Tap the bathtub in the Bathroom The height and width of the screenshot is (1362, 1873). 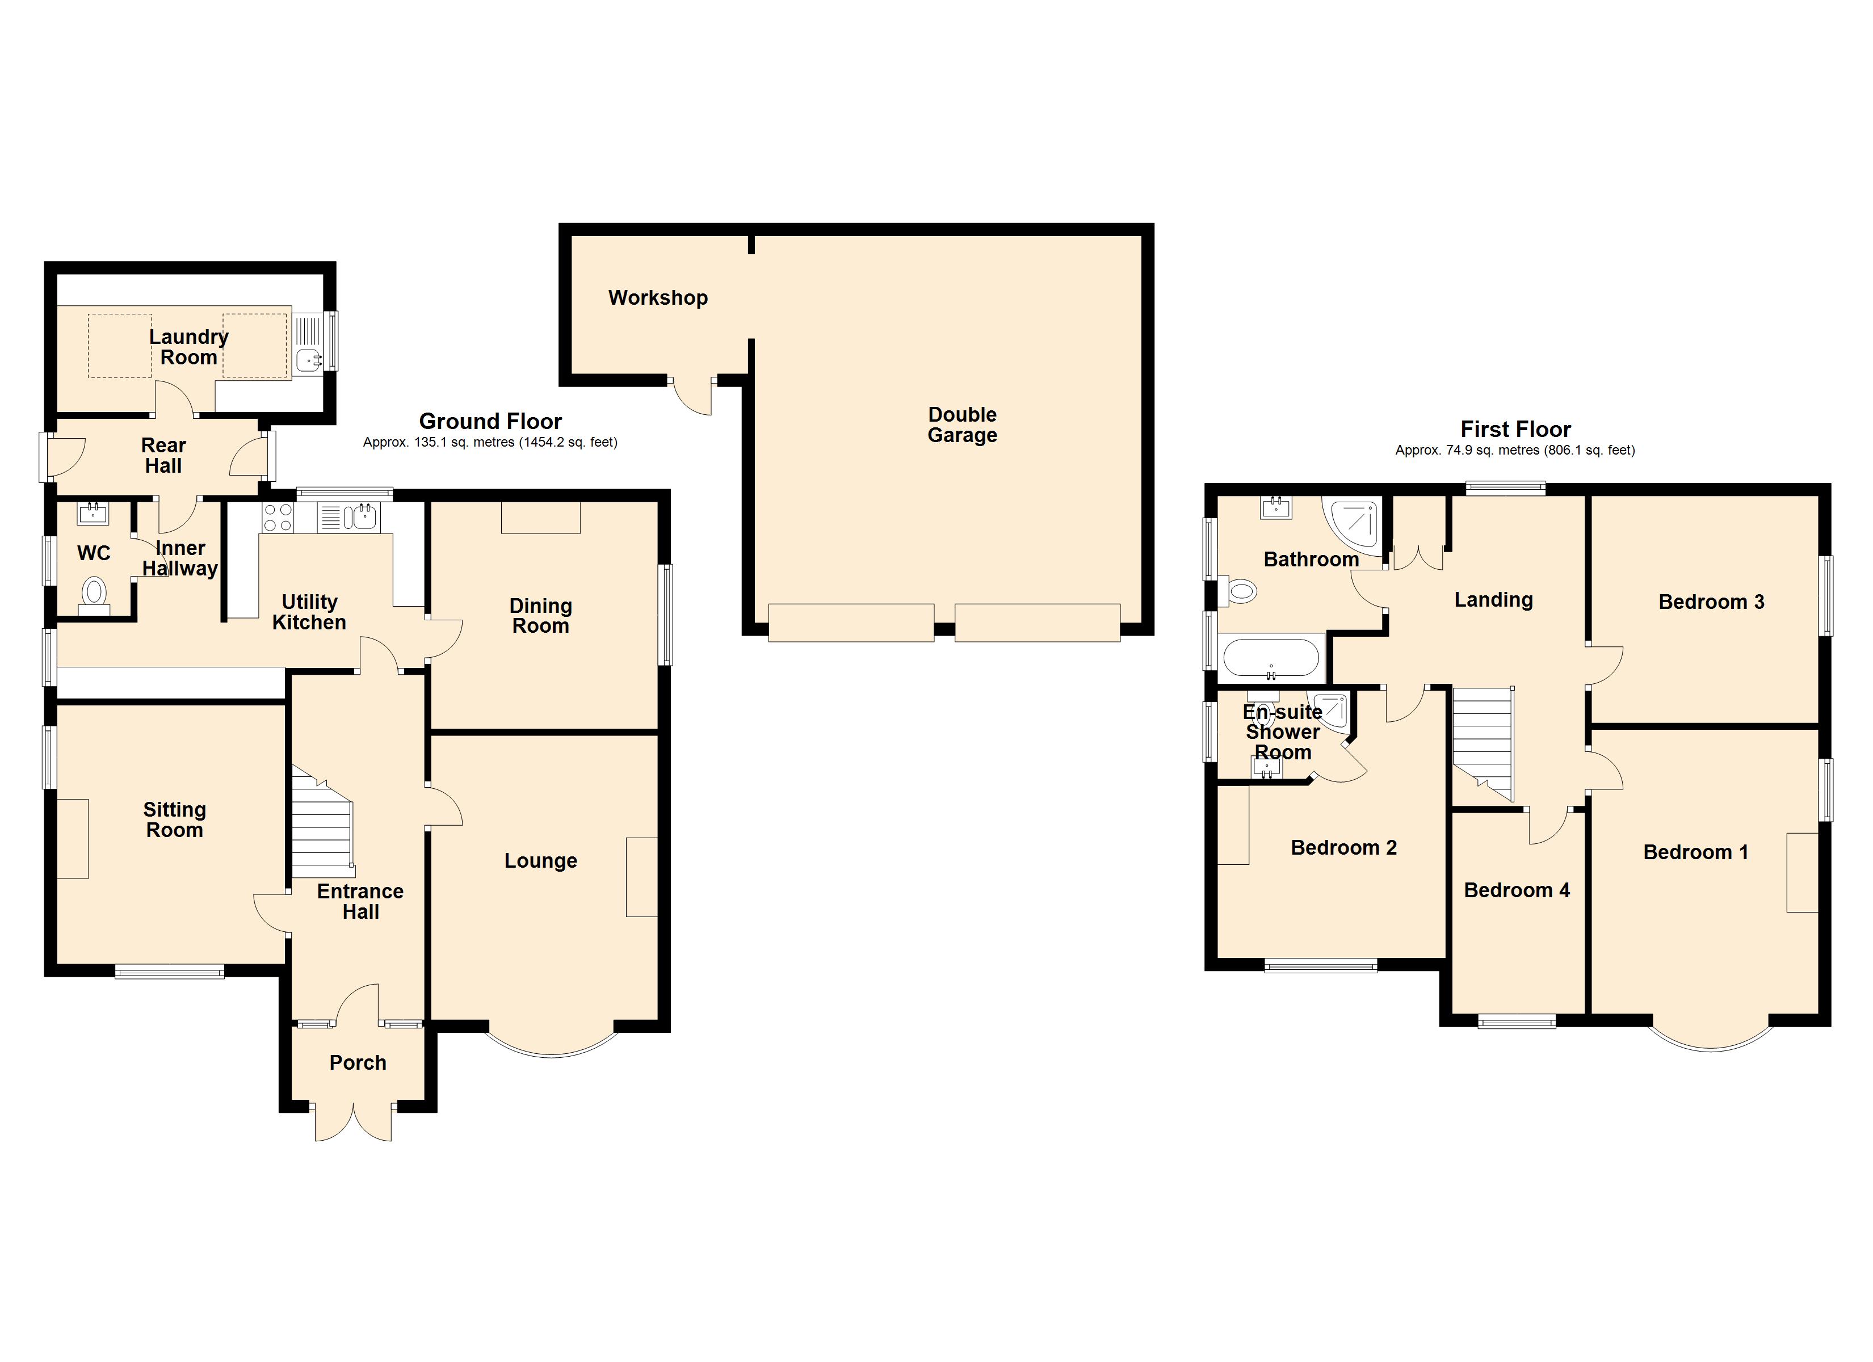tap(1270, 658)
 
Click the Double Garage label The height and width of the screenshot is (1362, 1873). tap(961, 424)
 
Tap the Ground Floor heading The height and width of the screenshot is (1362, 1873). tap(490, 421)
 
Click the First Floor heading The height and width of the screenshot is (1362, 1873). tap(1515, 430)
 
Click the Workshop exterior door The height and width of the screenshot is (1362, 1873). tap(692, 397)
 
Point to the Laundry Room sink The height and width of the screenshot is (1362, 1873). tap(308, 360)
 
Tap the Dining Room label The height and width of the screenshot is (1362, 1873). tap(540, 616)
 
